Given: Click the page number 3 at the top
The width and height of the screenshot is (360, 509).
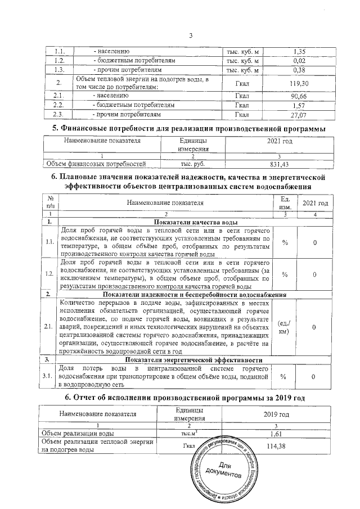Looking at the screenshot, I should pyautogui.click(x=191, y=37).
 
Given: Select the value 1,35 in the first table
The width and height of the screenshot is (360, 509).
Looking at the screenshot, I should pyautogui.click(x=299, y=51).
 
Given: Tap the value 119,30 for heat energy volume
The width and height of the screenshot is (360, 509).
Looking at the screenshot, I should pyautogui.click(x=299, y=83).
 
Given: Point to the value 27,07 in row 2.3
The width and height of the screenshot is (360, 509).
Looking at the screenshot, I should pyautogui.click(x=299, y=115).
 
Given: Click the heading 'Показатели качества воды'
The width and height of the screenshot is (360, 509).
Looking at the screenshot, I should pyautogui.click(x=194, y=223).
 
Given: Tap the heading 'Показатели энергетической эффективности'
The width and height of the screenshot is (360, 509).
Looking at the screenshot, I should pyautogui.click(x=194, y=359).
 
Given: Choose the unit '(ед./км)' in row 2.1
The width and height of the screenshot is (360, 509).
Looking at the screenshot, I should pyautogui.click(x=285, y=328).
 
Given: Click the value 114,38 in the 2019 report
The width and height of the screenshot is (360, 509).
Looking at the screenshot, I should pyautogui.click(x=276, y=446).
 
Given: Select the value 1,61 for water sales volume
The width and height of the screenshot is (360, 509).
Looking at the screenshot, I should pyautogui.click(x=276, y=434).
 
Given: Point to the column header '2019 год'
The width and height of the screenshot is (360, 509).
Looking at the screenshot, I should pyautogui.click(x=276, y=415).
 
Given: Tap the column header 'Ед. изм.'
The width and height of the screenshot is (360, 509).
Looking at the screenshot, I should pyautogui.click(x=285, y=202).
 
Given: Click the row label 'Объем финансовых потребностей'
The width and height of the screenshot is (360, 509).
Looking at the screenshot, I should pyautogui.click(x=96, y=164).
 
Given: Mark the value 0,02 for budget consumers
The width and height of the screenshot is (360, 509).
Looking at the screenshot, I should pyautogui.click(x=299, y=60).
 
